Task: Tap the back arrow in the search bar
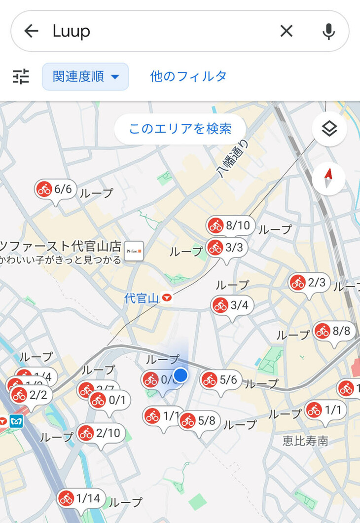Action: [x=31, y=31]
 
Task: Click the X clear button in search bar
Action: [x=287, y=31]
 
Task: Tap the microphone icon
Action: [x=328, y=31]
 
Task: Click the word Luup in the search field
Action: [x=72, y=31]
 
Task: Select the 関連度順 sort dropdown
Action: [x=85, y=76]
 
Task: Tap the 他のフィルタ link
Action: [x=188, y=76]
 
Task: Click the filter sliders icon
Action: [x=21, y=76]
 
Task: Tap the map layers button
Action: [x=329, y=129]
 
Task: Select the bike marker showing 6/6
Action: [x=55, y=189]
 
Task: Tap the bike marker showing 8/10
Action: [x=231, y=225]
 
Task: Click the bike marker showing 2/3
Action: [x=309, y=283]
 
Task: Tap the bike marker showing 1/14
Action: [x=80, y=498]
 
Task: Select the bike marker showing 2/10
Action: [x=100, y=433]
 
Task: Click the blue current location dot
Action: [x=181, y=375]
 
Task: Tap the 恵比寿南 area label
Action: [x=305, y=441]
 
